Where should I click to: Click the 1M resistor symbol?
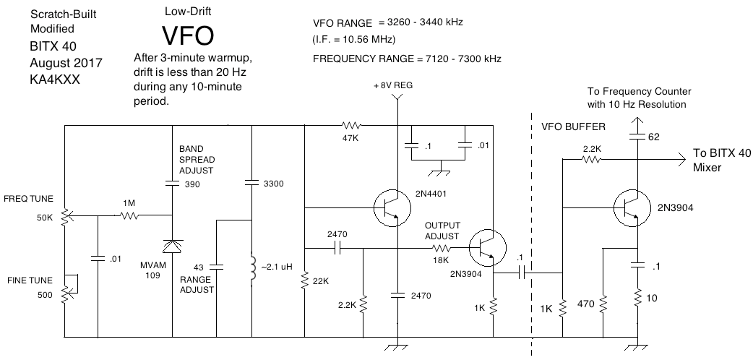[x=130, y=215]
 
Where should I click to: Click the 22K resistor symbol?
[x=304, y=280]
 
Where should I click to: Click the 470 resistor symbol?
[x=603, y=304]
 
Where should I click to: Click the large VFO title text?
[x=189, y=35]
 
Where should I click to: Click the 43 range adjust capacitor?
[x=217, y=266]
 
